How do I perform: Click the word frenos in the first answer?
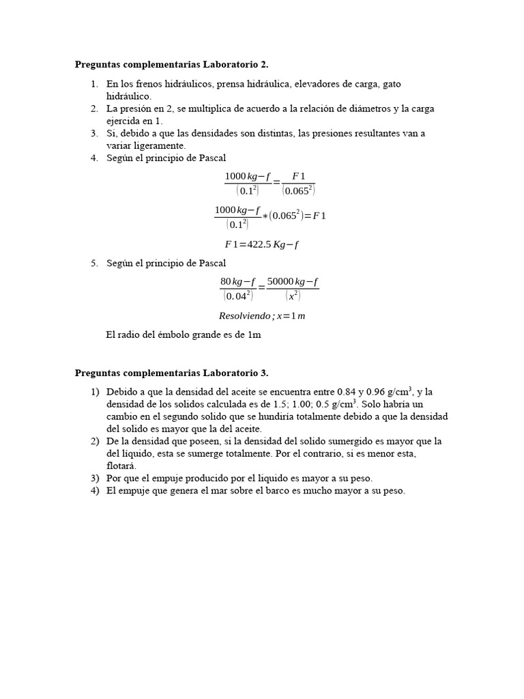(149, 84)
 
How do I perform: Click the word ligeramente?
(159, 145)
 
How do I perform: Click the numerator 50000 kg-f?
(293, 281)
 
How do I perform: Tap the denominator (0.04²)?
(237, 296)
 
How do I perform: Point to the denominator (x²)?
(293, 296)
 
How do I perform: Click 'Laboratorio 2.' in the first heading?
(235, 65)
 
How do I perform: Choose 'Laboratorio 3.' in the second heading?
(235, 373)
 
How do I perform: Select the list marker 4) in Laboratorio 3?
(95, 490)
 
